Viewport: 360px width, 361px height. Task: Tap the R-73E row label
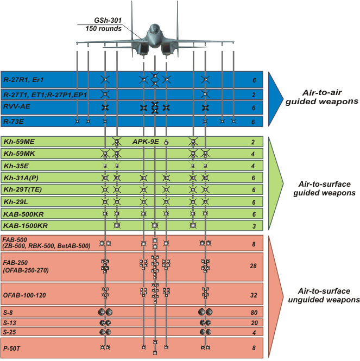coord(14,122)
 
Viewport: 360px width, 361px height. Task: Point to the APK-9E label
coord(146,142)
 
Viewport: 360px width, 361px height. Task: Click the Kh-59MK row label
coord(19,154)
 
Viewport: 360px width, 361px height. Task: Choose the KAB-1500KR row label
coord(25,225)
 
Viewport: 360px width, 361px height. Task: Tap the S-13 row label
coord(10,322)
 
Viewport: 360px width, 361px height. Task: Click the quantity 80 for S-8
coord(253,312)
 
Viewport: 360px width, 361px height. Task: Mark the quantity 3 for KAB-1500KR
coord(254,225)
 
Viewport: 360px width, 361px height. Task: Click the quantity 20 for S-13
coord(253,322)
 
